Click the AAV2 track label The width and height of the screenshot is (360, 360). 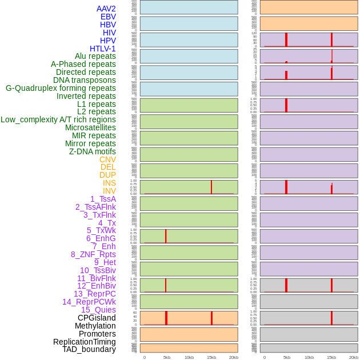(106, 9)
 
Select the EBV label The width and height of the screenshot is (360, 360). (108, 17)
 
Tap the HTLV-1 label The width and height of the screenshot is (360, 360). (102, 49)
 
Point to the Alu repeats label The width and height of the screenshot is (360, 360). (95, 56)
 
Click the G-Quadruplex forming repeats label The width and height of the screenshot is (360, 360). (61, 88)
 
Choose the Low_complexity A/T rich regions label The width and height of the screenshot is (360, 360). (58, 119)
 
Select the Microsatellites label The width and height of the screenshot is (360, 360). (90, 127)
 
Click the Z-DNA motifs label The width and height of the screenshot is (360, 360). (93, 151)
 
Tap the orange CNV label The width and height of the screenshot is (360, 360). (107, 159)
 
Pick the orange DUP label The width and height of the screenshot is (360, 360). (107, 175)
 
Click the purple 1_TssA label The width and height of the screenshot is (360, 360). (103, 199)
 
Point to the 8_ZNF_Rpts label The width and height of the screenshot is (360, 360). (93, 254)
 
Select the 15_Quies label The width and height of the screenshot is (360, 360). (98, 310)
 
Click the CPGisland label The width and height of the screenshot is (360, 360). (97, 318)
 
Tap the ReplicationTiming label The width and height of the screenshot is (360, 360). (85, 342)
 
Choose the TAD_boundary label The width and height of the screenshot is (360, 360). (89, 349)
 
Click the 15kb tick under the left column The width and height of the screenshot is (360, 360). (211, 357)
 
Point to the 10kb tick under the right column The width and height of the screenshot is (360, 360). (309, 357)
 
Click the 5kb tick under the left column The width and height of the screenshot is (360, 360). (167, 357)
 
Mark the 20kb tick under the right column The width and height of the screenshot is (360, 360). (354, 357)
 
